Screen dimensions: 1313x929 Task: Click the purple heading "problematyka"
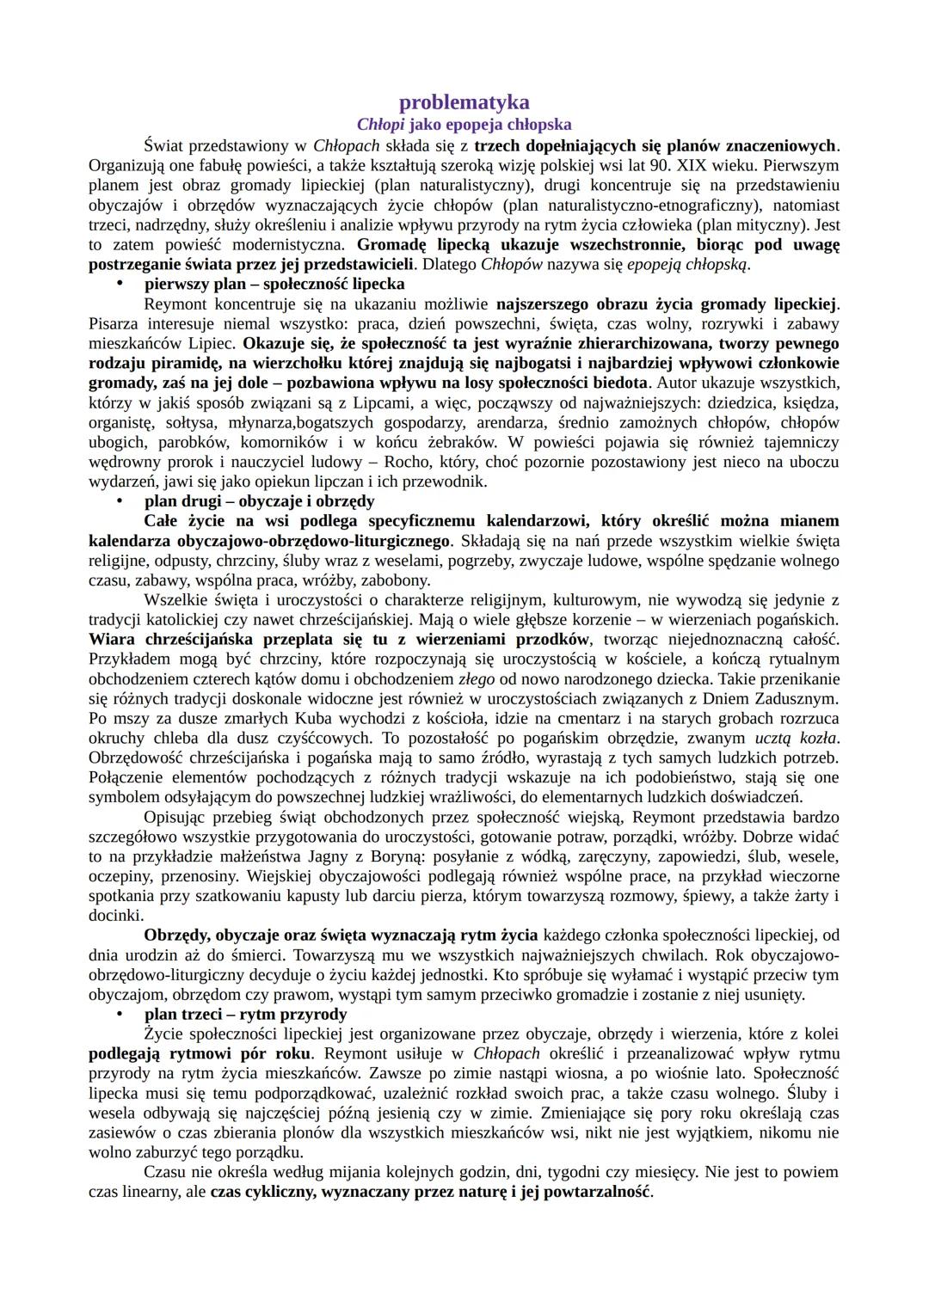point(464,103)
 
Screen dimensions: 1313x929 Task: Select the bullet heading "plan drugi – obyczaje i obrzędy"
point(259,501)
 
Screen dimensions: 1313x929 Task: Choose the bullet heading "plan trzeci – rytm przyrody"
point(245,1014)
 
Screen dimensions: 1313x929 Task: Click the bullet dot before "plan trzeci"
point(120,1014)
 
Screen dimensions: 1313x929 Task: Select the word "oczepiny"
point(119,876)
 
